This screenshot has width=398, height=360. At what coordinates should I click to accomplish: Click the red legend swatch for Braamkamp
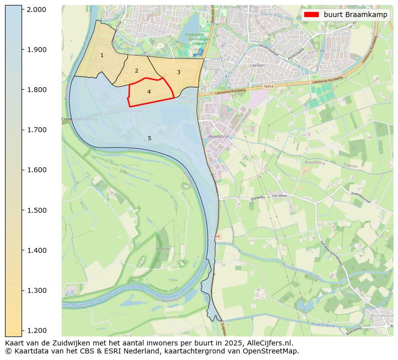pyautogui.click(x=311, y=15)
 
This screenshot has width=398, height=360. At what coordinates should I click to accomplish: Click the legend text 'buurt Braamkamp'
pyautogui.click(x=355, y=15)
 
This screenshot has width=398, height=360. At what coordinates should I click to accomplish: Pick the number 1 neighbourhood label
pyautogui.click(x=102, y=55)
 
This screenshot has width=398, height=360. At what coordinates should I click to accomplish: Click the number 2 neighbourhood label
pyautogui.click(x=136, y=71)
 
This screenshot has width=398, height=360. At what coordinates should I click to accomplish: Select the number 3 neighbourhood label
pyautogui.click(x=178, y=72)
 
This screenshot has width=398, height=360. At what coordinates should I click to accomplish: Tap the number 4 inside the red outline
pyautogui.click(x=149, y=92)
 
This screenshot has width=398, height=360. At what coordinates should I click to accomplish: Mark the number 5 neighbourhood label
pyautogui.click(x=149, y=138)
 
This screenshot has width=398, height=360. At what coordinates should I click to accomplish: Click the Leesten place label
pyautogui.click(x=257, y=65)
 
